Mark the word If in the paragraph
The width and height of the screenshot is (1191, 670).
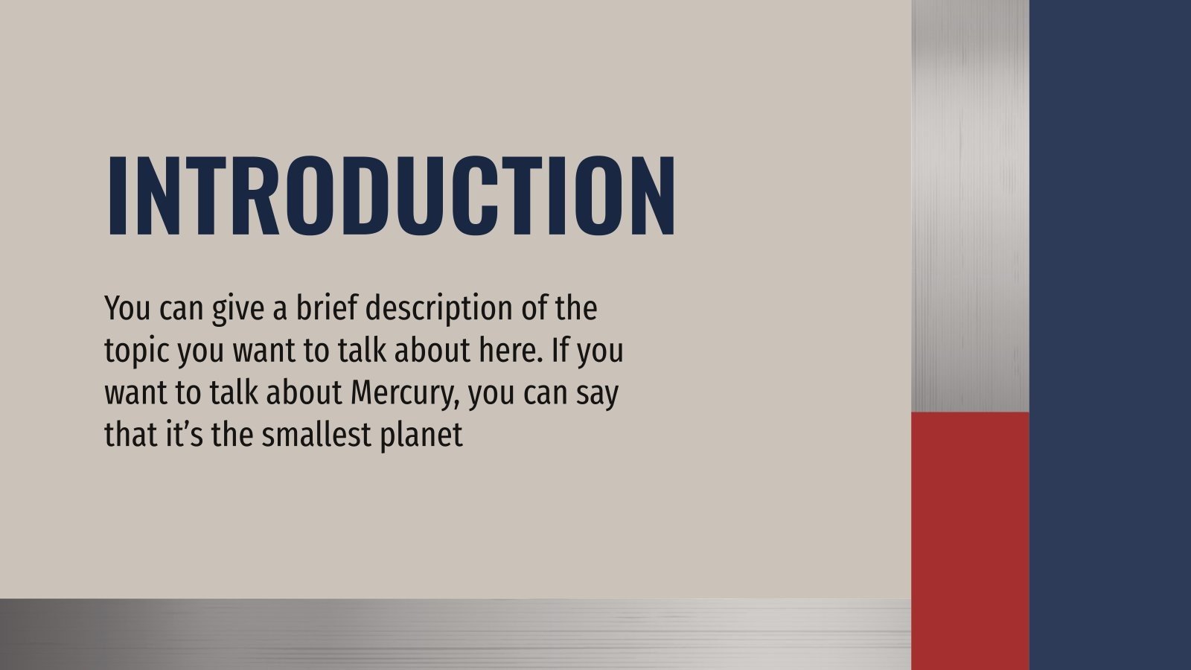(560, 350)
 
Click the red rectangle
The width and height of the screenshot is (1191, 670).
(970, 540)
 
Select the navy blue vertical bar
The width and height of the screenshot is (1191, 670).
(1110, 335)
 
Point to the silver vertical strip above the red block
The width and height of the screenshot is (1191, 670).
(970, 205)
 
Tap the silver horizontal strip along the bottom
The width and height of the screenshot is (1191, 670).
(455, 634)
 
